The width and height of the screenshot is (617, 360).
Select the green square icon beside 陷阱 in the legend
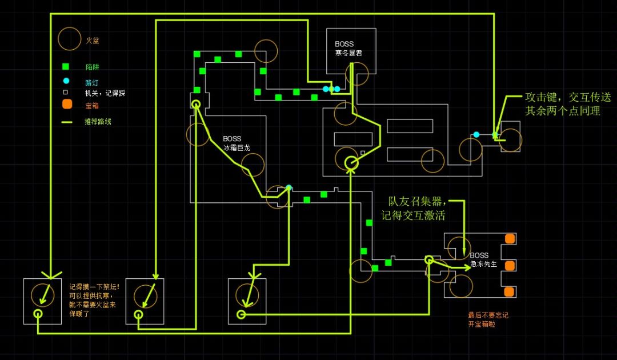coord(66,66)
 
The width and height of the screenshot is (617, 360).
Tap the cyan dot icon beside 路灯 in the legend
coord(66,81)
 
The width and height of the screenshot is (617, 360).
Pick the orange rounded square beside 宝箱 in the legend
coord(67,105)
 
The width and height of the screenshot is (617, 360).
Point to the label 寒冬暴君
coord(348,53)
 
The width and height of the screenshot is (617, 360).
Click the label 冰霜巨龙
coord(237,147)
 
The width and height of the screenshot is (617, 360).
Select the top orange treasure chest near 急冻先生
coord(510,239)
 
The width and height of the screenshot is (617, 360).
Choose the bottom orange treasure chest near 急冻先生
coord(510,291)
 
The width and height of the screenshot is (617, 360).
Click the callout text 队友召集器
coord(416,202)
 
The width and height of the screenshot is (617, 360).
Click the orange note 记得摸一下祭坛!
coord(94,287)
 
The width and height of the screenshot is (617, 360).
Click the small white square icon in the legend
coord(66,92)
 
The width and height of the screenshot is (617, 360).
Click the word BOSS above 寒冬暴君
coord(344,44)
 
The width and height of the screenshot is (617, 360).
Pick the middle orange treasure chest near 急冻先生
coord(510,266)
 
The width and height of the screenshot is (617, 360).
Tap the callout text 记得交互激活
coord(413,216)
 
